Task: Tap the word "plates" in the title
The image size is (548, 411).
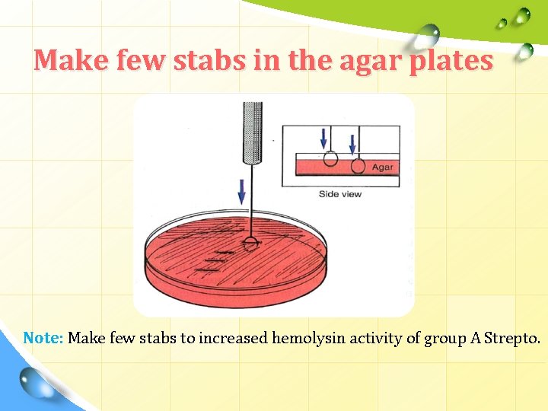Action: pyautogui.click(x=451, y=60)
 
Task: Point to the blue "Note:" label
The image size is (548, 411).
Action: pyautogui.click(x=43, y=338)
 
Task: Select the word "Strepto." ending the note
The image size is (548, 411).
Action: pyautogui.click(x=511, y=338)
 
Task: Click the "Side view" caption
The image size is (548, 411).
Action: pyautogui.click(x=340, y=194)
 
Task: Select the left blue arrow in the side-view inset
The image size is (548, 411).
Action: pyautogui.click(x=324, y=138)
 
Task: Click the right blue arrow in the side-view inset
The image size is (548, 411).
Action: pyautogui.click(x=352, y=142)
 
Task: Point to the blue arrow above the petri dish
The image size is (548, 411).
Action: pyautogui.click(x=242, y=191)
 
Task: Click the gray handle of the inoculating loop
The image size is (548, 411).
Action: pyautogui.click(x=250, y=132)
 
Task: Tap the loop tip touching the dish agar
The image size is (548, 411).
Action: pyautogui.click(x=250, y=244)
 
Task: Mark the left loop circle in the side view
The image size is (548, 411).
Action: pyautogui.click(x=330, y=158)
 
